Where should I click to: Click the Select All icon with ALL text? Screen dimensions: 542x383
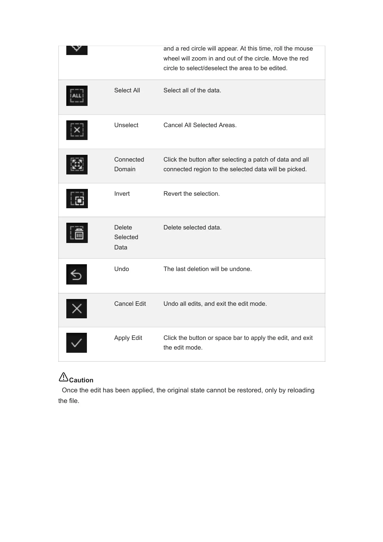[x=77, y=96]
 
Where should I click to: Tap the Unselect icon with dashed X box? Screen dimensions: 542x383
[x=77, y=130]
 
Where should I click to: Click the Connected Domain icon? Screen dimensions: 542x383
[x=77, y=164]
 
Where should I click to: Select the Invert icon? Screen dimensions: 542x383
[x=77, y=199]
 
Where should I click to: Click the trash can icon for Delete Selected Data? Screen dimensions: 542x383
[x=77, y=233]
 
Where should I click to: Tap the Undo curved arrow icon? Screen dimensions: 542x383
[x=77, y=274]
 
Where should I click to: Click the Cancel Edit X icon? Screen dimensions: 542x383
[x=77, y=309]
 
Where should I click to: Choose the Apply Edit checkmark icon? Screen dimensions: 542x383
[x=77, y=343]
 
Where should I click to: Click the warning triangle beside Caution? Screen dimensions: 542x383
[x=63, y=377]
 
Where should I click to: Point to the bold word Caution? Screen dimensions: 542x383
[x=81, y=380]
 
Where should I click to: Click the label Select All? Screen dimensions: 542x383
[x=127, y=90]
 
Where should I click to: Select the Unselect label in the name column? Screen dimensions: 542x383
[x=126, y=125]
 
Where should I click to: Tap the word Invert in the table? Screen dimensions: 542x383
[x=122, y=194]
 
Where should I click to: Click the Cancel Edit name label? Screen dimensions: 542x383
[x=130, y=304]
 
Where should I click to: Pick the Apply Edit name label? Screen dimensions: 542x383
[x=128, y=338]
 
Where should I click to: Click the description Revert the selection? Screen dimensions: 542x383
[x=191, y=194]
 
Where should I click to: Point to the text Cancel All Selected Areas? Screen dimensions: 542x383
[x=200, y=125]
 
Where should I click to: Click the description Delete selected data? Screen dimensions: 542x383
[x=192, y=228]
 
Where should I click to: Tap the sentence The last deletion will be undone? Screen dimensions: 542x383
[x=208, y=269]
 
